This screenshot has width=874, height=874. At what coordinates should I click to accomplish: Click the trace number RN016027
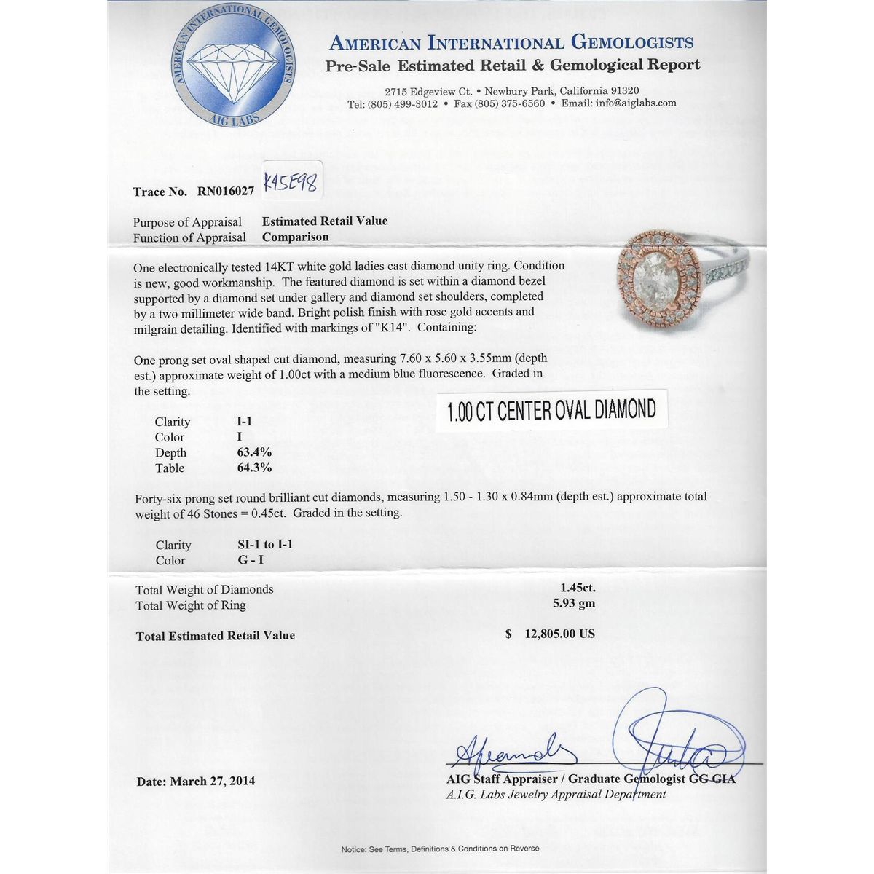point(226,192)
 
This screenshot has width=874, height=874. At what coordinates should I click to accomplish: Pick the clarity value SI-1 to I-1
point(260,544)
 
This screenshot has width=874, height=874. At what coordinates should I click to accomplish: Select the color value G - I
point(243,560)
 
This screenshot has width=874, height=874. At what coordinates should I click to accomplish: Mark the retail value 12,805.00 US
point(559,634)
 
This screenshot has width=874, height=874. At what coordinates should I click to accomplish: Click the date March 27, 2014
point(213,782)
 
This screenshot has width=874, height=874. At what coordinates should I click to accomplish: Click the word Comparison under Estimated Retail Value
point(296,237)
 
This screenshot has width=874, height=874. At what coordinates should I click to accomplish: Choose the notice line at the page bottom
point(440,849)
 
